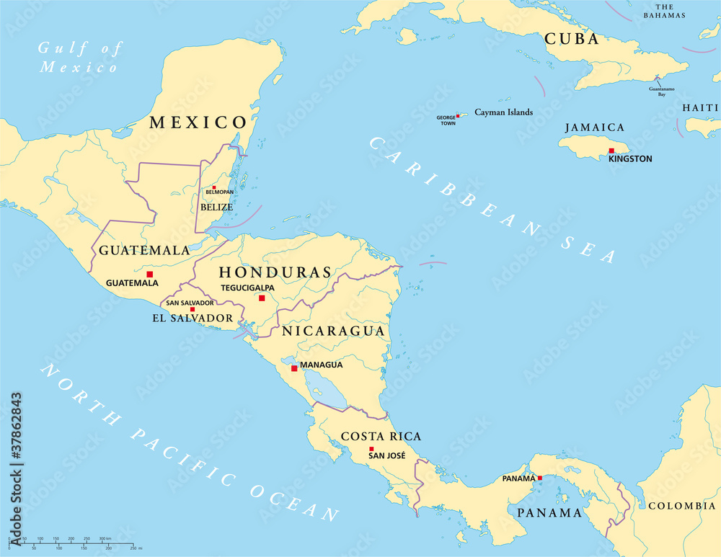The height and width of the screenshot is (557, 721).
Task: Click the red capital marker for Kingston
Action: (611, 151)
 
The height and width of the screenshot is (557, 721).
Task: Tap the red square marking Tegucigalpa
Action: (262, 298)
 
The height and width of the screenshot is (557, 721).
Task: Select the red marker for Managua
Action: (294, 368)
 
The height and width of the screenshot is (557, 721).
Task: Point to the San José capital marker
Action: (371, 448)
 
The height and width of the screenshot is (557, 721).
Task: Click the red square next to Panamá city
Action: (539, 478)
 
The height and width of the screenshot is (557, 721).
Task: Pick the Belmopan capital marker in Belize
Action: (213, 187)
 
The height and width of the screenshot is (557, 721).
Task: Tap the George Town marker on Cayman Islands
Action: (458, 115)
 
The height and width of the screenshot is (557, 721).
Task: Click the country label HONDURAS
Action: (275, 272)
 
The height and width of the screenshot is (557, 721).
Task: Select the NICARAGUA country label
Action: (332, 331)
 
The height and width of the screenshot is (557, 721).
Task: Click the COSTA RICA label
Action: (381, 436)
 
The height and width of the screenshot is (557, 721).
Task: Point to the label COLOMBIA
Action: (681, 506)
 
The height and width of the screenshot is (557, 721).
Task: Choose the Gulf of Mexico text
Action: (79, 58)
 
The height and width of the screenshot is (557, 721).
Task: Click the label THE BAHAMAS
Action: (664, 10)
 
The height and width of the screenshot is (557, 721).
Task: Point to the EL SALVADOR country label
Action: (192, 318)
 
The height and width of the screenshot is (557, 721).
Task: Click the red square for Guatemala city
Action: (150, 274)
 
